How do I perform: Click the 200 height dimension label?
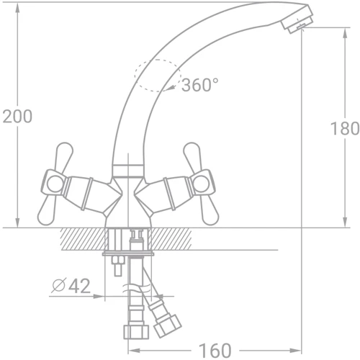17,116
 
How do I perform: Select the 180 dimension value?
344,129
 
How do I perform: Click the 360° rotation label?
199,85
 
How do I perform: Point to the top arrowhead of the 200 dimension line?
18,6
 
